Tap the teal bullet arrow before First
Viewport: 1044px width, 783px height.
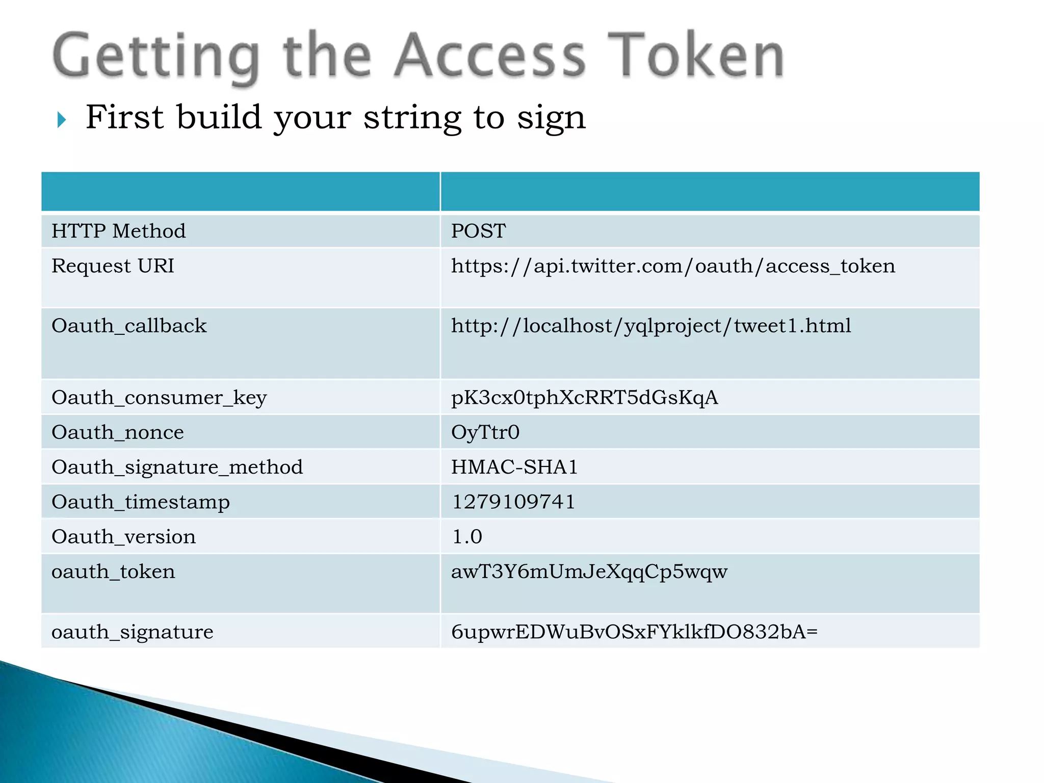point(62,120)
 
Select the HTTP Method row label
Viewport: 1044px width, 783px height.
point(119,231)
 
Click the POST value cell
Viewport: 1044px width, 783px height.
point(478,231)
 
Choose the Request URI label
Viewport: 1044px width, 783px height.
point(113,266)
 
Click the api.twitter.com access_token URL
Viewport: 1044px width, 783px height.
point(673,266)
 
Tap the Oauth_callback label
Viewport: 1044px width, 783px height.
point(129,326)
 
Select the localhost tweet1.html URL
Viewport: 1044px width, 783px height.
point(651,326)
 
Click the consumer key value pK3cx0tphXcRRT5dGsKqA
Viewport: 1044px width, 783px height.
point(584,398)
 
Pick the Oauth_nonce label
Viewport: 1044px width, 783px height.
point(118,432)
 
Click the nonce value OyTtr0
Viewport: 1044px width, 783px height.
point(485,432)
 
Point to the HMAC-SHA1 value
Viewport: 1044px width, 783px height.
point(514,467)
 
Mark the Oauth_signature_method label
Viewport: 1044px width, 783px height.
point(177,467)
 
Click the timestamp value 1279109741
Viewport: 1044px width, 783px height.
point(513,502)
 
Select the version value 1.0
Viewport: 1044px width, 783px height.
point(467,537)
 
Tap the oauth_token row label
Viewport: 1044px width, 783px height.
point(113,572)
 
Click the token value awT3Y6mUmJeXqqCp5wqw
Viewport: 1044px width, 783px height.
point(589,572)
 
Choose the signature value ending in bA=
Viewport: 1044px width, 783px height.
point(634,632)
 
